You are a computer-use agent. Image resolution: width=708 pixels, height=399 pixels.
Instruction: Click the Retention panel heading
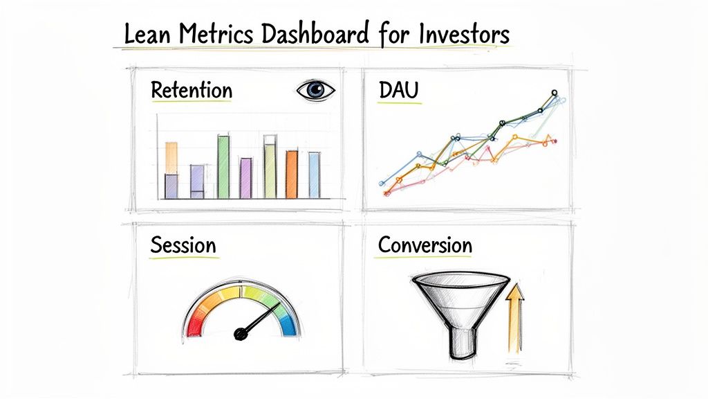tap(192, 90)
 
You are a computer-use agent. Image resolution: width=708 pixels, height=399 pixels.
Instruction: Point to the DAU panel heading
tap(400, 90)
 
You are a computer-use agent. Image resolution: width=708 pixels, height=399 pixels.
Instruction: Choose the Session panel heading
tap(183, 245)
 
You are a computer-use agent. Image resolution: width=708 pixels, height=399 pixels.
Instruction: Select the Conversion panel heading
tap(425, 245)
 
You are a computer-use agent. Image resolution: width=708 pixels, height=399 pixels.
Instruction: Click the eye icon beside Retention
tap(315, 90)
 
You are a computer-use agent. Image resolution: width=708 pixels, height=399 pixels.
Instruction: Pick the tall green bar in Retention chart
tap(224, 166)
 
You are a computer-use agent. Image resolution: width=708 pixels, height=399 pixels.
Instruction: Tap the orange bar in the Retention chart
tap(292, 174)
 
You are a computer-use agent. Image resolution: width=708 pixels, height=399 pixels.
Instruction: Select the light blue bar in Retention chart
tap(314, 175)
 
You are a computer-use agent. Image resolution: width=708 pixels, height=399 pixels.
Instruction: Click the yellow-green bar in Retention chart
tap(270, 167)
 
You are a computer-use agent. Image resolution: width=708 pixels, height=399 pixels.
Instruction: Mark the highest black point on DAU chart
tap(554, 92)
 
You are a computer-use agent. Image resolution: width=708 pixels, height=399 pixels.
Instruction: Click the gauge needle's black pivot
tap(241, 334)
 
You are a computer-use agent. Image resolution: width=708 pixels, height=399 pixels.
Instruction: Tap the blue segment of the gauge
tap(288, 321)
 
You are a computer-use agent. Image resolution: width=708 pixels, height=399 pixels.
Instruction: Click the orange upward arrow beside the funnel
tap(512, 319)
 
